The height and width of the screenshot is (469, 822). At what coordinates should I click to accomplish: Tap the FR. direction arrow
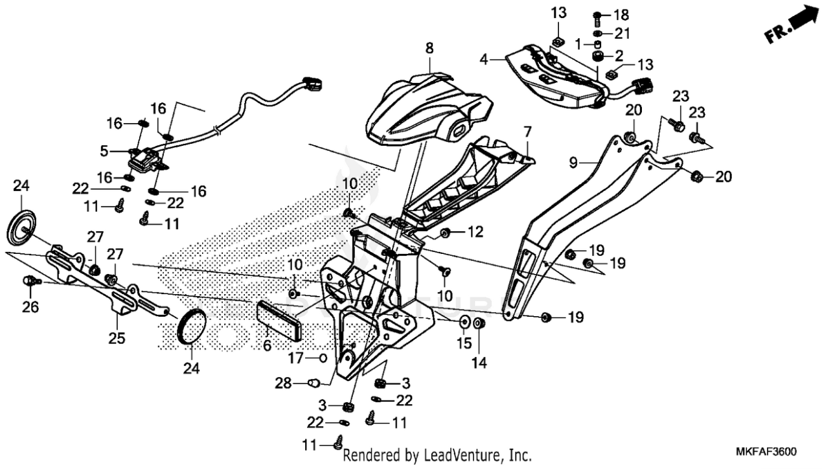tap(792, 25)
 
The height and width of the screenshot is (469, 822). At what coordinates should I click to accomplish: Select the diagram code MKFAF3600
tap(766, 452)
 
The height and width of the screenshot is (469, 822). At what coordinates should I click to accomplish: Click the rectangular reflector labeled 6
tap(280, 320)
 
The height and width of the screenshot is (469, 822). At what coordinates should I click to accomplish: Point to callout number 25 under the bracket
tap(117, 338)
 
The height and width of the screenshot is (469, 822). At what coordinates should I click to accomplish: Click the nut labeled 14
tap(480, 323)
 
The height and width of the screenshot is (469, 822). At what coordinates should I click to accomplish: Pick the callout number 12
tap(476, 231)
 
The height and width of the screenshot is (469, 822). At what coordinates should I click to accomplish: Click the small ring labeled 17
tap(321, 358)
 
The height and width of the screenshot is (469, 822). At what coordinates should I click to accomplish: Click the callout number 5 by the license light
tap(104, 151)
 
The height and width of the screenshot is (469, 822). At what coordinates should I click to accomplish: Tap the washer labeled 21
tap(598, 33)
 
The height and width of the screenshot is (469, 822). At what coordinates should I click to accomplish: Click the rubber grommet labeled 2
tap(598, 56)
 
